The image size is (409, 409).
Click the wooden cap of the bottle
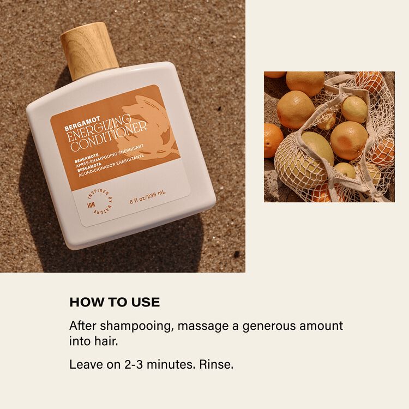(x=89, y=51)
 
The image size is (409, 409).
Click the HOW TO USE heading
(x=115, y=302)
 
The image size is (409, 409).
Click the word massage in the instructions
(x=203, y=326)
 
